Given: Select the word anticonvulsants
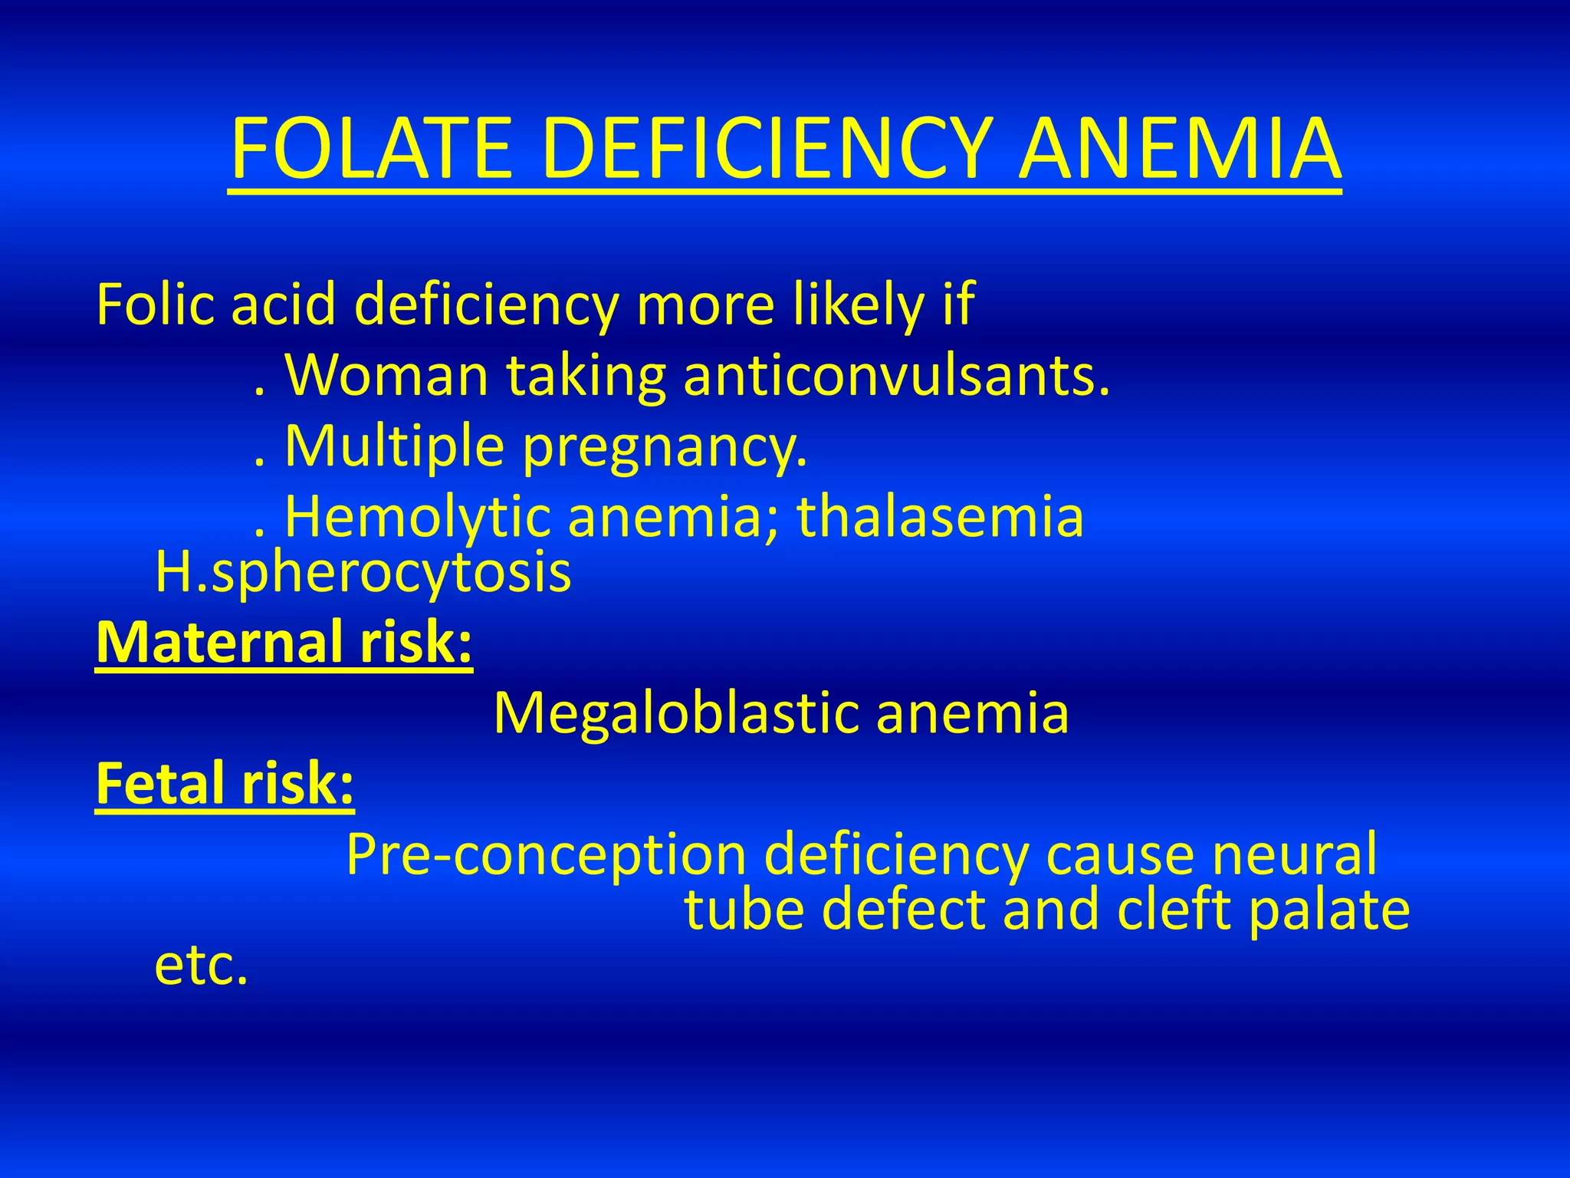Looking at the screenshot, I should (x=896, y=376).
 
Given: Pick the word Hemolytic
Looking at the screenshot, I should (x=418, y=517).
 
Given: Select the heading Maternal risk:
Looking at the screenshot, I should (x=284, y=642).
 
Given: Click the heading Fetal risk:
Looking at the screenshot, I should (x=225, y=783).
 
